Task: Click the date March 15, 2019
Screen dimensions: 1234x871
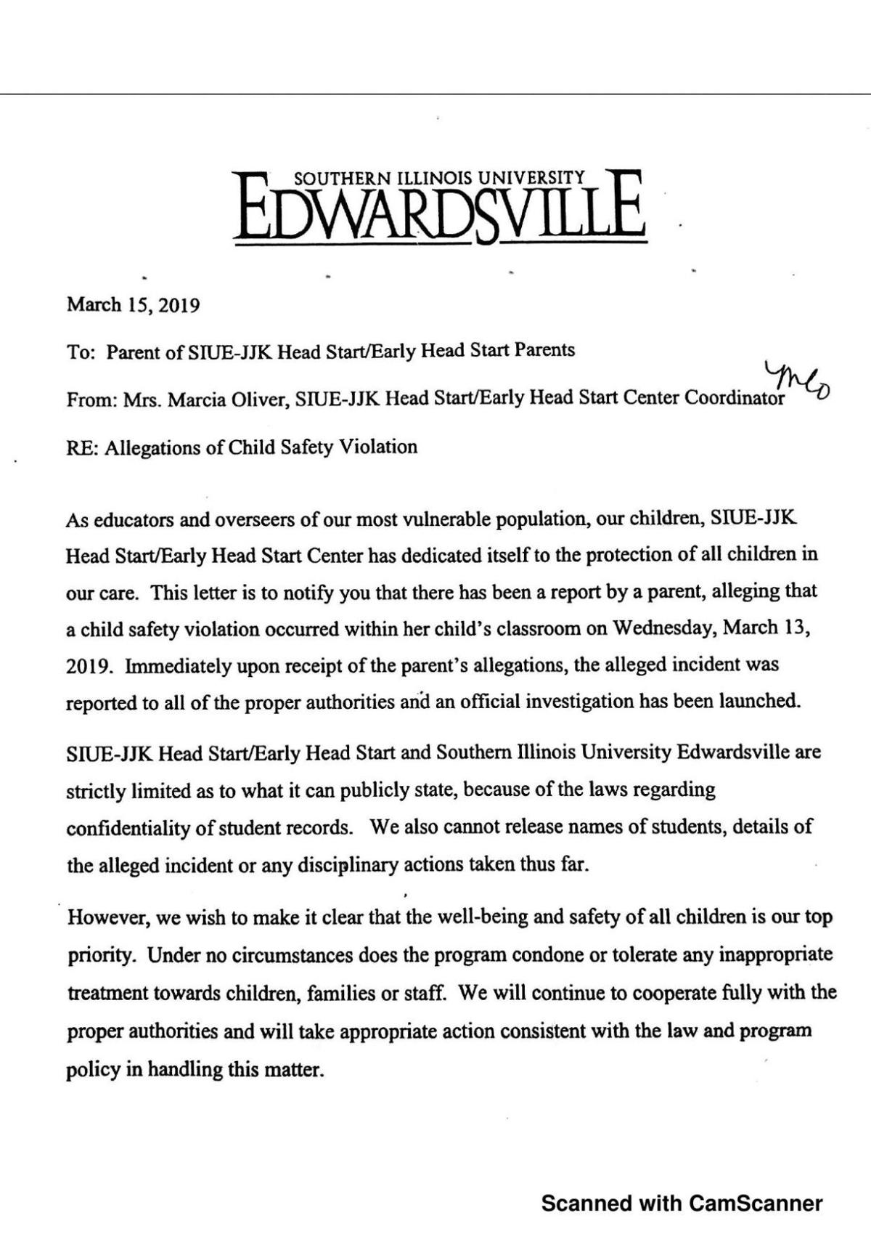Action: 133,305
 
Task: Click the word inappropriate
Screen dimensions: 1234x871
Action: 775,954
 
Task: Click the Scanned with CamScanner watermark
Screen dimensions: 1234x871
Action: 682,1203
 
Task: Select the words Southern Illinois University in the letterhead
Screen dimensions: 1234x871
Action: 438,177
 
